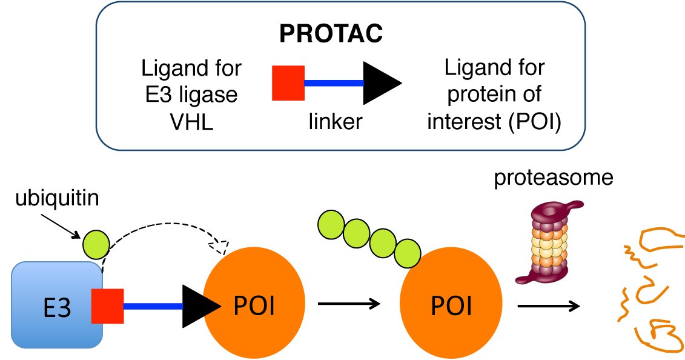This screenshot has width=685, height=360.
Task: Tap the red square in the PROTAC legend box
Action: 288,82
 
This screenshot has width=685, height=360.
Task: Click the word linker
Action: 333,122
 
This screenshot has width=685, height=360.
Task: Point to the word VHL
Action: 191,122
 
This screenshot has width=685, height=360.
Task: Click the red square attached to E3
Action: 107,306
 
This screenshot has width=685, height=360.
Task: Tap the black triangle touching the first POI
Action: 200,306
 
